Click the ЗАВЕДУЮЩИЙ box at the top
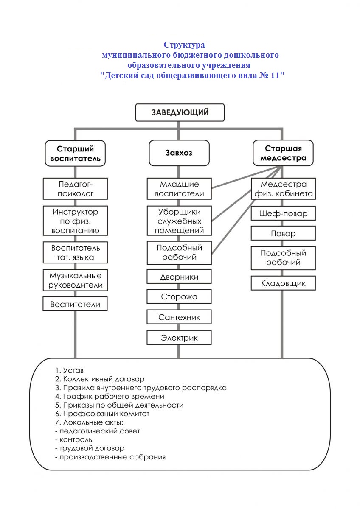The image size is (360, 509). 180,113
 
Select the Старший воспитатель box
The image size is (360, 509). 75,154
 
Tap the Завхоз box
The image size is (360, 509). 179,153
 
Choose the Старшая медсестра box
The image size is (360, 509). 283,154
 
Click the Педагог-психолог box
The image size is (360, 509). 75,189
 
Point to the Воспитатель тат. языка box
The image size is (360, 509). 75,253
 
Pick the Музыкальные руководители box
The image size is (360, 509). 75,280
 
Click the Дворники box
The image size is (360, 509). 179,277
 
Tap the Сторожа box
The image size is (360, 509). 179,296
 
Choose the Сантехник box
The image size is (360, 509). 179,317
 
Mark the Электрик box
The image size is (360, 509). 179,338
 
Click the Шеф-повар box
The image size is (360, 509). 283,214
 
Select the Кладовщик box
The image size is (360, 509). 283,283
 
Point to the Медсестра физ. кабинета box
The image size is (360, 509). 283,189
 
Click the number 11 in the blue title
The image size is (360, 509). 275,76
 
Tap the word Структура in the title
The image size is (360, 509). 184,45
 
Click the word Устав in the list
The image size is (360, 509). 73,371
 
